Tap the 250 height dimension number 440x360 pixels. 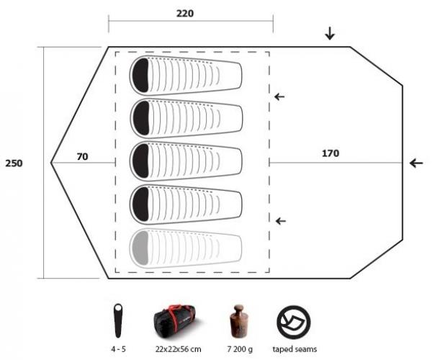click(14, 163)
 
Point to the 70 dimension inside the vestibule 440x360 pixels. click(84, 155)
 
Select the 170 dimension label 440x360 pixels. click(330, 153)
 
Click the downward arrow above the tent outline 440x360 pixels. click(330, 33)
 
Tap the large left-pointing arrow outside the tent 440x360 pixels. click(416, 163)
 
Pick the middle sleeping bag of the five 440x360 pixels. click(185, 161)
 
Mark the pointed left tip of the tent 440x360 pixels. click(52, 163)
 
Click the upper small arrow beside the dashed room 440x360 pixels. click(279, 96)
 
